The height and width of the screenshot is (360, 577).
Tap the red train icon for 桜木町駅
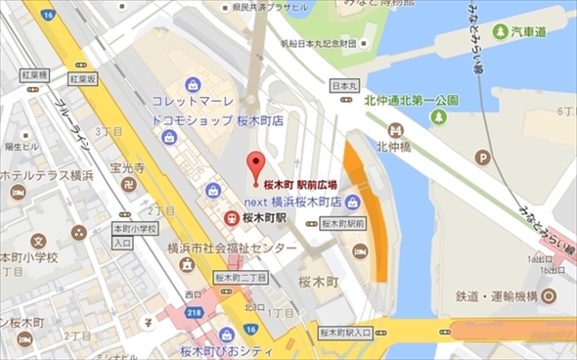coord(230,217)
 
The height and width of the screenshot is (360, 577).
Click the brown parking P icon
coord(481,157)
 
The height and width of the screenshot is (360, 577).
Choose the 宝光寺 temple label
coord(128,168)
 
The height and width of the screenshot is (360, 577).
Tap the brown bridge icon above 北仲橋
coord(395,128)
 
